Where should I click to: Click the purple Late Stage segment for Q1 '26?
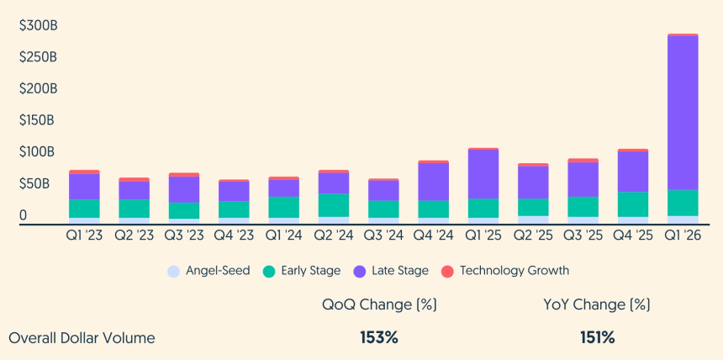point(683,113)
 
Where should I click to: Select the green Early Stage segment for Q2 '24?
point(334,205)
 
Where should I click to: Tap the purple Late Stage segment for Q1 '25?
point(483,174)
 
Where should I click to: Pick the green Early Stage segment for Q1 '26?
point(683,203)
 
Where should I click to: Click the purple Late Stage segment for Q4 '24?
point(434,182)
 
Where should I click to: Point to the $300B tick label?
point(38,26)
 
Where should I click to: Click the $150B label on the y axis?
point(38,120)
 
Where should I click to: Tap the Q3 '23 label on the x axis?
point(184,236)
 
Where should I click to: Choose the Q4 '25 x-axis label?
point(632,236)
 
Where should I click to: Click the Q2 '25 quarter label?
point(533,236)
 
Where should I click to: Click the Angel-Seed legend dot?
point(173,271)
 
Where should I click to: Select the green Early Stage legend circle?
point(269,271)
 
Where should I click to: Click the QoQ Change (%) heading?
point(379,304)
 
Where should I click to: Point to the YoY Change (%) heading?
point(597,304)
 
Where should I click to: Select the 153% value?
point(379,338)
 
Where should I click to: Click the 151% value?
point(597,338)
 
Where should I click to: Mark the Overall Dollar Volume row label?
point(82,338)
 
